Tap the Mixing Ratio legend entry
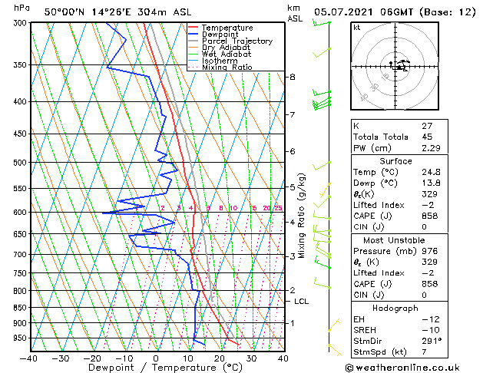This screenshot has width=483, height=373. click(x=227, y=68)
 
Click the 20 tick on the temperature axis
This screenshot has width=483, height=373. click(x=220, y=358)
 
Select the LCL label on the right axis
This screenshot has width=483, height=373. click(x=301, y=302)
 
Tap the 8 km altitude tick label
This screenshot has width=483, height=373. click(x=293, y=77)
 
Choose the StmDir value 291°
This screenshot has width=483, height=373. click(x=432, y=340)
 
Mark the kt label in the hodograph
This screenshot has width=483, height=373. click(x=357, y=28)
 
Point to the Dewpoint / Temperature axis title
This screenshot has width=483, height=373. click(x=155, y=368)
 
